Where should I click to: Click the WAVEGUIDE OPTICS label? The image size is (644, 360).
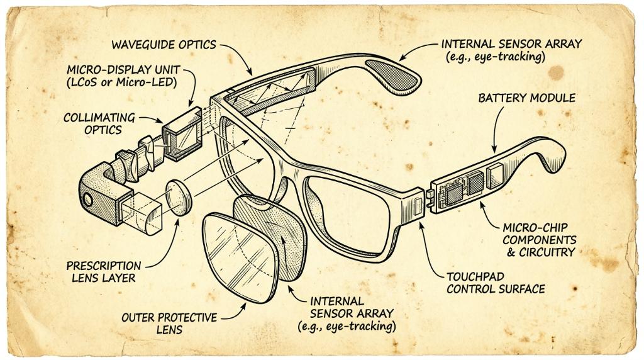(x=164, y=45)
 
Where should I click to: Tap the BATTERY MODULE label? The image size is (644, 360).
(x=527, y=98)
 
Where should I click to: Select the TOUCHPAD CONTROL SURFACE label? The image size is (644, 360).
(x=496, y=283)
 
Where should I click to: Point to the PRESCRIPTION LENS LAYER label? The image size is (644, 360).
(x=104, y=272)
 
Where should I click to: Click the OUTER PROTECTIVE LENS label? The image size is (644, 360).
(x=169, y=323)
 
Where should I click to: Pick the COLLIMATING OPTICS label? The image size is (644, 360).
(x=99, y=124)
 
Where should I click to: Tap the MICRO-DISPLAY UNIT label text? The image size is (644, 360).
(x=123, y=69)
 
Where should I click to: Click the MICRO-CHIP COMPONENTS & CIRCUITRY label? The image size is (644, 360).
(x=539, y=240)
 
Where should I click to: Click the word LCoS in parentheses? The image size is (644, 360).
(x=85, y=82)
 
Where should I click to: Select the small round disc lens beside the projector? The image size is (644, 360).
(x=179, y=198)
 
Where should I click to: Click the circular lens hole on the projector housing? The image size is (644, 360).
(x=87, y=200)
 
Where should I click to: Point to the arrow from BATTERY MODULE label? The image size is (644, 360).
(x=496, y=127)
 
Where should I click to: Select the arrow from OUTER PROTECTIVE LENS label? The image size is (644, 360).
(x=235, y=313)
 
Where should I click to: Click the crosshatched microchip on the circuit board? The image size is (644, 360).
(x=475, y=183)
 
